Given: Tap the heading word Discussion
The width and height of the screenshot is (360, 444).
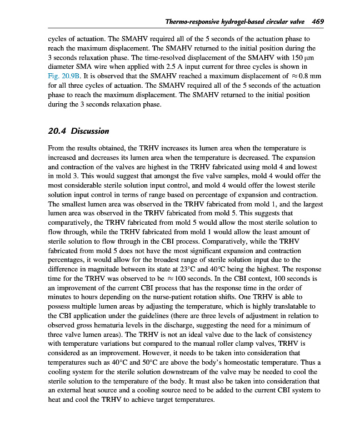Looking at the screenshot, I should (x=90, y=131).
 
